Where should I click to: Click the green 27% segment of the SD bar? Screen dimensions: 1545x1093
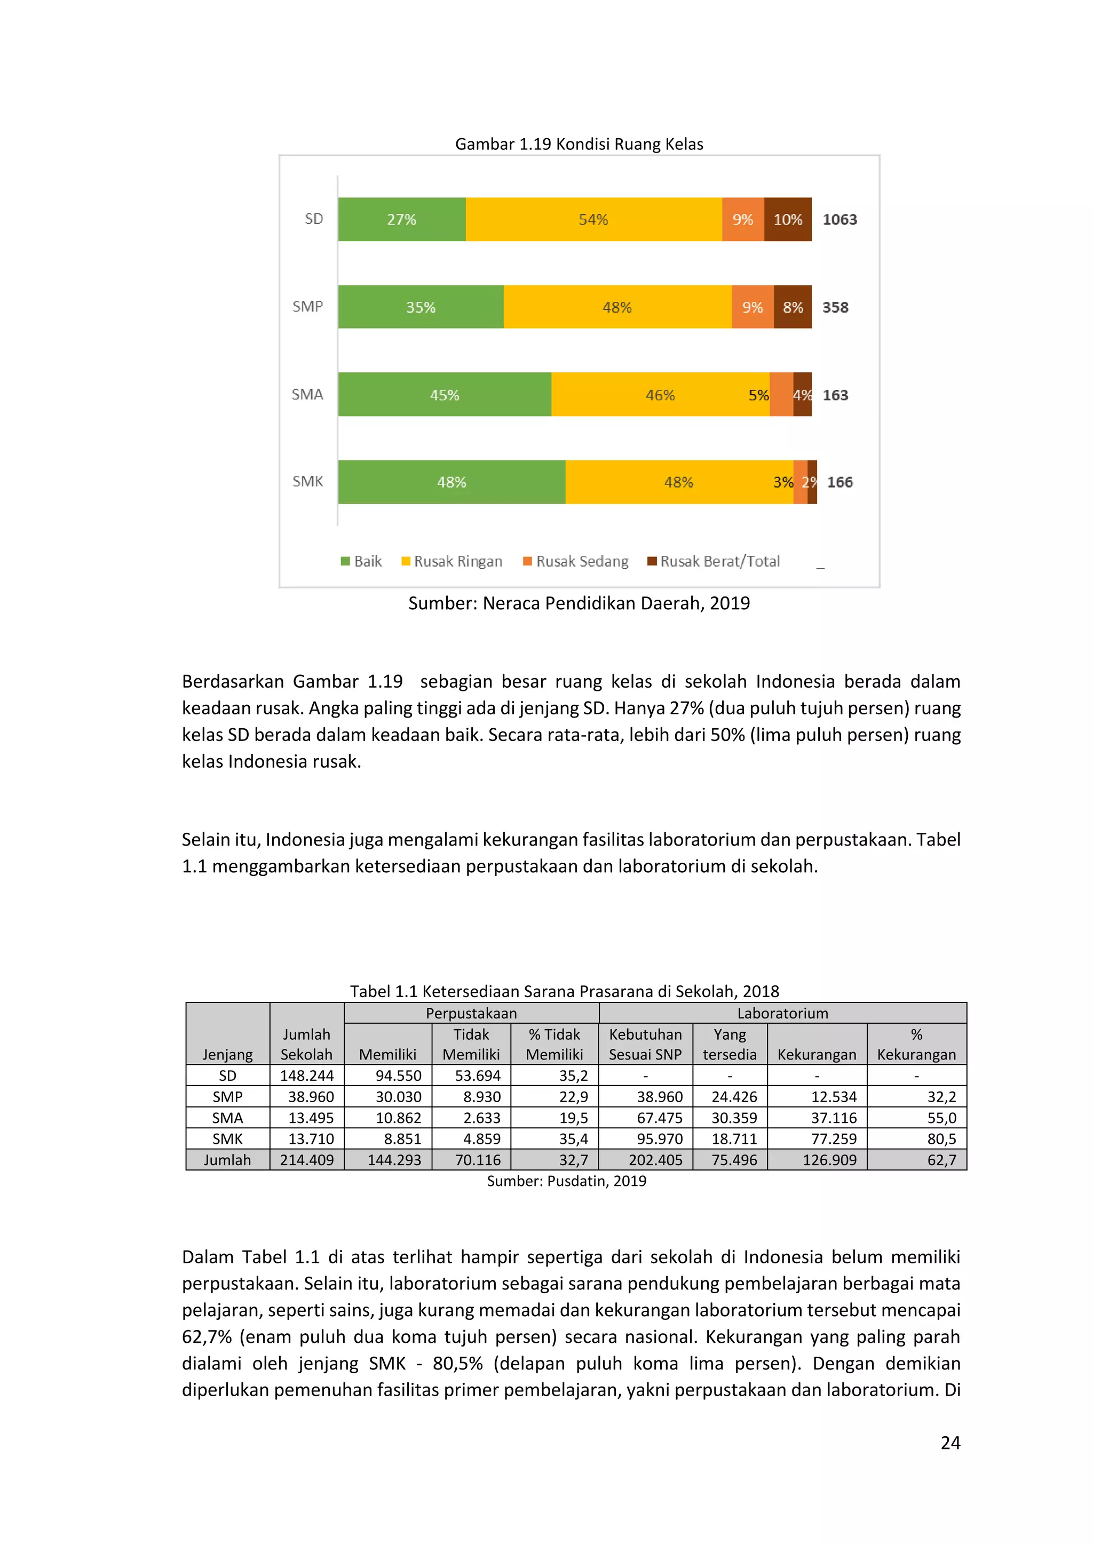[x=401, y=219]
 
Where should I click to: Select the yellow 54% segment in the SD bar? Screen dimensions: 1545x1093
[x=593, y=219]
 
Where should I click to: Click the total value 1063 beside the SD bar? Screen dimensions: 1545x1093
[x=839, y=219]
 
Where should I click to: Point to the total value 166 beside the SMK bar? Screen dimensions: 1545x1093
[x=839, y=482]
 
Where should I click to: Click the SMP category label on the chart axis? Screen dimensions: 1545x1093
[x=307, y=307]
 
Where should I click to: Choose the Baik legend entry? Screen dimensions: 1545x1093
[x=361, y=561]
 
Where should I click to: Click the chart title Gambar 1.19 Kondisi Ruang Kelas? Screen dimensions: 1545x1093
[x=579, y=144]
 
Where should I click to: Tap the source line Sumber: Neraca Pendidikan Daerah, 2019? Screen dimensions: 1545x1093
[x=579, y=603]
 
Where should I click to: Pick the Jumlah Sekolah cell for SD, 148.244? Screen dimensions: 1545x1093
[x=306, y=1076]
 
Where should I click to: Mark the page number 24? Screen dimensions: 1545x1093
[x=949, y=1443]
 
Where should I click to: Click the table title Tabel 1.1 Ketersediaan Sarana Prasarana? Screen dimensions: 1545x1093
[x=564, y=991]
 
